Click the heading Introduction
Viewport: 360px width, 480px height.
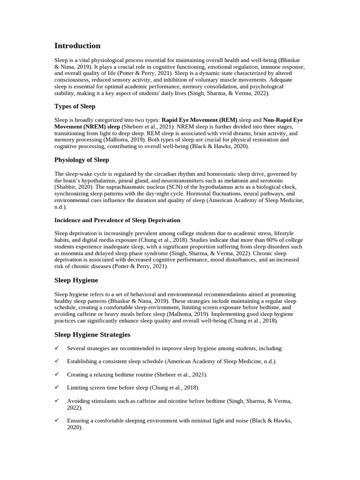point(77,46)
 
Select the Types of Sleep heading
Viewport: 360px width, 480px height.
point(75,106)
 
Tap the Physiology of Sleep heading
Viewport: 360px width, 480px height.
point(82,160)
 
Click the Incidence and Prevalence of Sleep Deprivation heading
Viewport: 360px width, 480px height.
point(117,220)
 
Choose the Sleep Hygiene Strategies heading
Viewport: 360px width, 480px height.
point(92,335)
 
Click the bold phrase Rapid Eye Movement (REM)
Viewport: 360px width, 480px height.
point(200,120)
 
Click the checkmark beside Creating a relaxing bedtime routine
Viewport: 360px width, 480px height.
point(57,375)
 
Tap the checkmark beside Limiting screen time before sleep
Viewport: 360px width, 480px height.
point(57,388)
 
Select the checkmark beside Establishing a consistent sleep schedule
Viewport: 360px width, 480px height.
point(57,361)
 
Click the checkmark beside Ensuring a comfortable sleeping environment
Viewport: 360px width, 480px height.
point(57,420)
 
